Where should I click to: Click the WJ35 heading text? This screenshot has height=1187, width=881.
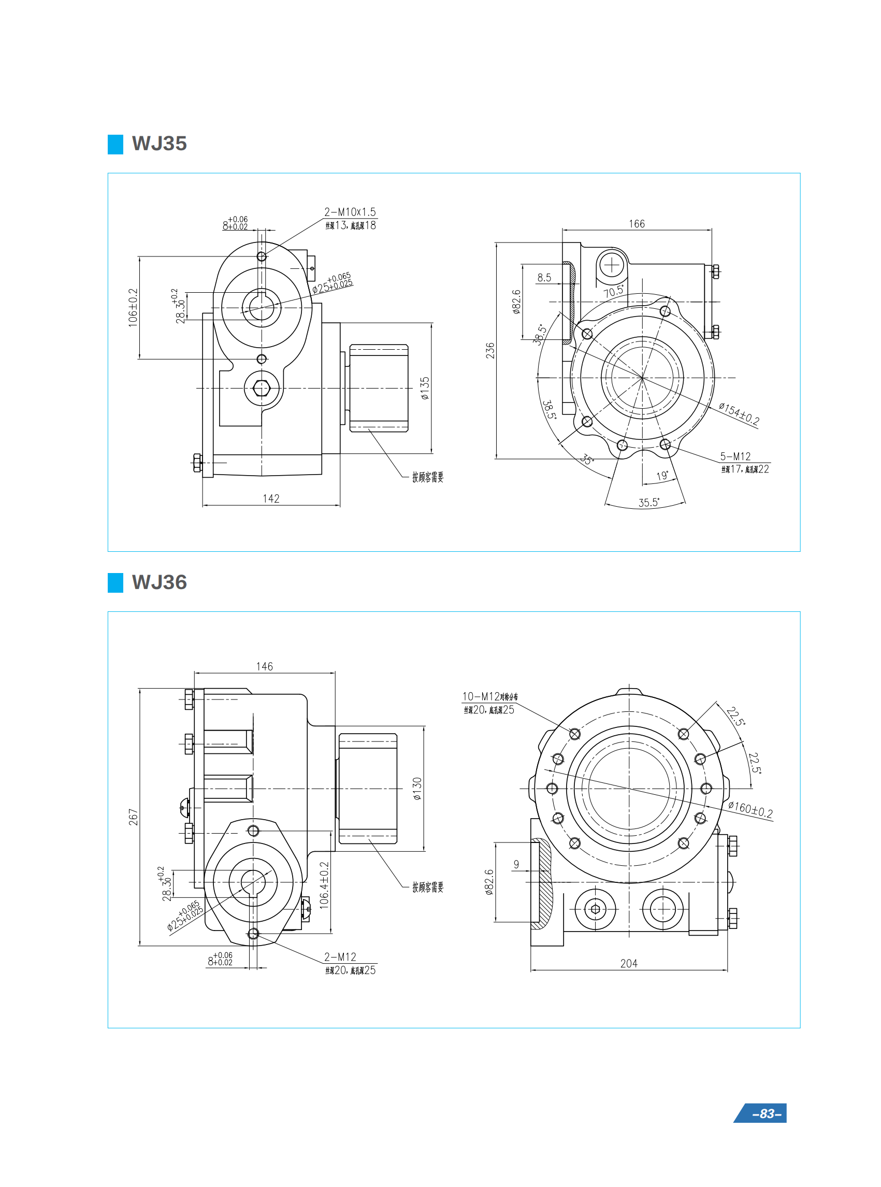pyautogui.click(x=159, y=144)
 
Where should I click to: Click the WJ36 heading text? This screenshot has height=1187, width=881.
pyautogui.click(x=159, y=582)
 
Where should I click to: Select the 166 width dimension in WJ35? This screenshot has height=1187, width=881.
pyautogui.click(x=636, y=224)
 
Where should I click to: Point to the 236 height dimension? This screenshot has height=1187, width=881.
pyautogui.click(x=489, y=350)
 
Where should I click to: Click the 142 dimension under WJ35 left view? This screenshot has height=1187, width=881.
pyautogui.click(x=271, y=498)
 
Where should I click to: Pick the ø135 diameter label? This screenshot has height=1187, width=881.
pyautogui.click(x=425, y=388)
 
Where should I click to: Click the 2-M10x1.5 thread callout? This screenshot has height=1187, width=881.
pyautogui.click(x=350, y=212)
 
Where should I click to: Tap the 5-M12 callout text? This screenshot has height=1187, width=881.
pyautogui.click(x=735, y=456)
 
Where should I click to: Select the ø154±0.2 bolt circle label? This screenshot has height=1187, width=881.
pyautogui.click(x=739, y=413)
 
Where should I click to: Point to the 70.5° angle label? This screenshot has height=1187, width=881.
pyautogui.click(x=613, y=291)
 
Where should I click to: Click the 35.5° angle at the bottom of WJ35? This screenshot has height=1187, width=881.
pyautogui.click(x=648, y=503)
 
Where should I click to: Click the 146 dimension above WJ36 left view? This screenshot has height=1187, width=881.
pyautogui.click(x=264, y=666)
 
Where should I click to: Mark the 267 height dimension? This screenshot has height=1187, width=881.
pyautogui.click(x=133, y=817)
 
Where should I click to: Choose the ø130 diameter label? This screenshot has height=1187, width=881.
pyautogui.click(x=417, y=789)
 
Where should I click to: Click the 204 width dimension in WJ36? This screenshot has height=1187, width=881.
pyautogui.click(x=628, y=964)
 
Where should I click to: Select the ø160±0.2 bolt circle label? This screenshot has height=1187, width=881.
pyautogui.click(x=750, y=809)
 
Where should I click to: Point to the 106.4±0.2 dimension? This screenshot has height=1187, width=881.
pyautogui.click(x=324, y=885)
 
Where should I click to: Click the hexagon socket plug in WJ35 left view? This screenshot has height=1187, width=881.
pyautogui.click(x=262, y=388)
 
